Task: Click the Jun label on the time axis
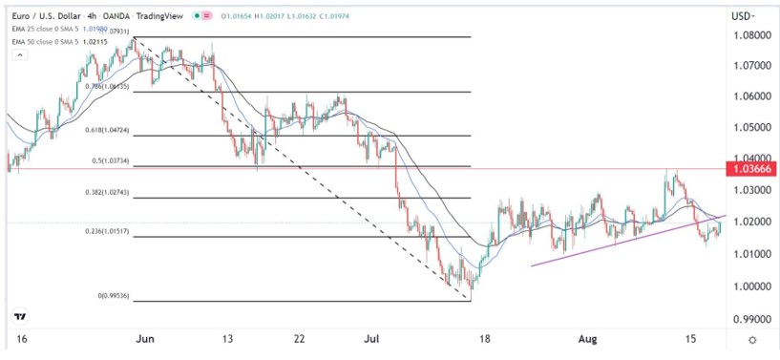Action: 144,339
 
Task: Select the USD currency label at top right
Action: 741,15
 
